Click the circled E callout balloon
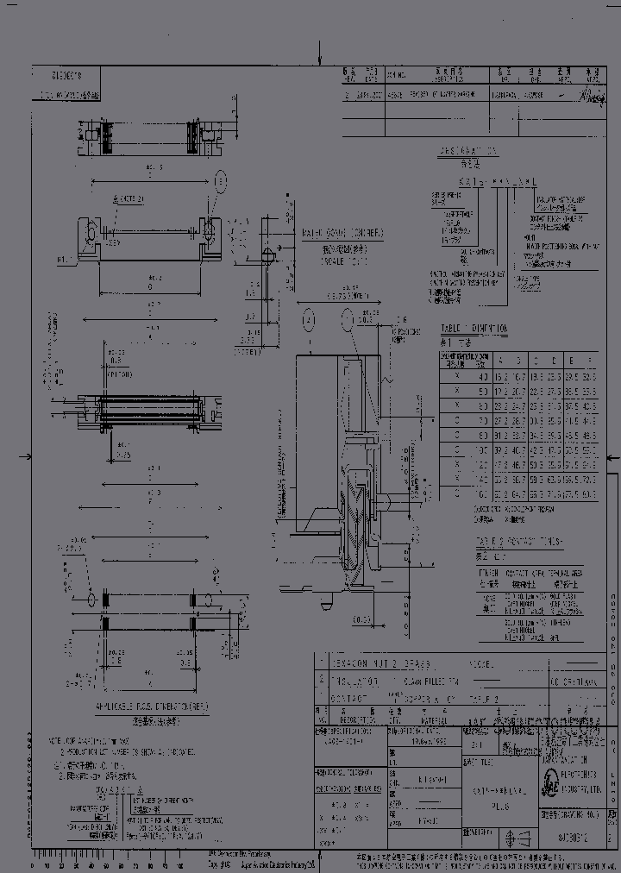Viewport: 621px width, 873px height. pos(221,181)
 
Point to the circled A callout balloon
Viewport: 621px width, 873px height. pos(309,320)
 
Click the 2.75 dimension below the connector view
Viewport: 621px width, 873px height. pos(124,454)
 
